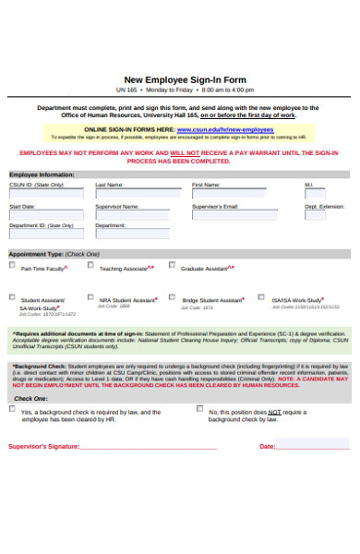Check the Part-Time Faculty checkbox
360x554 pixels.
(x=13, y=266)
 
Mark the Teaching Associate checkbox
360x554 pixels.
(x=90, y=265)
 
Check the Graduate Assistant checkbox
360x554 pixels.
(x=172, y=265)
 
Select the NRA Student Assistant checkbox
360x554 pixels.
(x=90, y=297)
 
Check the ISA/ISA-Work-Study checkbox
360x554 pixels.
(x=263, y=297)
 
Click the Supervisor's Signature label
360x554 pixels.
(x=43, y=446)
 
